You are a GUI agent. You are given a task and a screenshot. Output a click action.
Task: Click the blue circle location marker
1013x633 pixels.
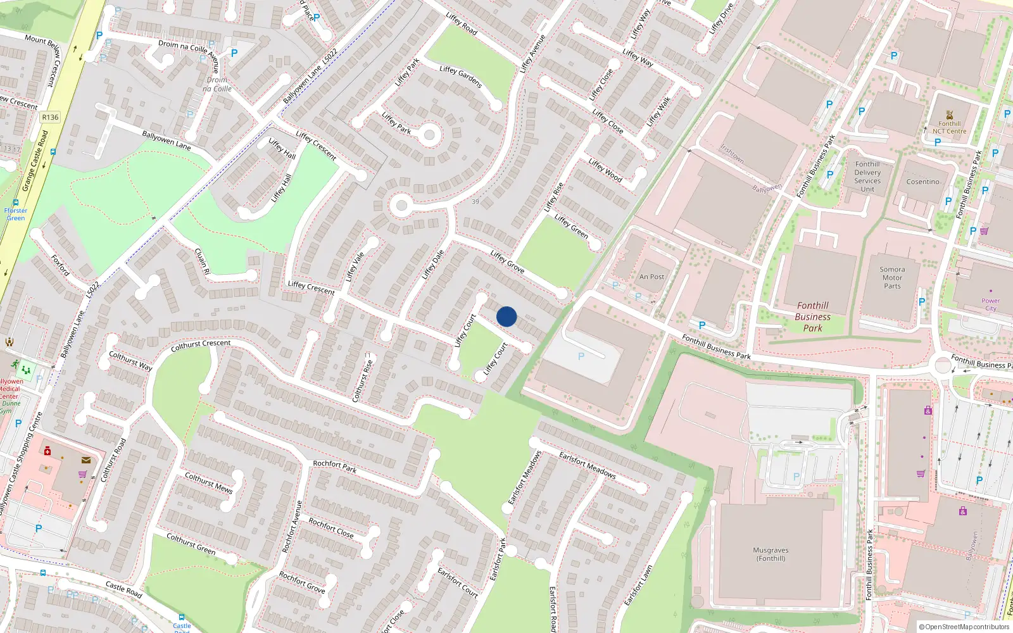point(507,316)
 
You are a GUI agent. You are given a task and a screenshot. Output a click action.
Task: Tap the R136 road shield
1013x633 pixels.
point(50,117)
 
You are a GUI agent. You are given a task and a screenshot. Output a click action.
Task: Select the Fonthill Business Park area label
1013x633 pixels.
point(812,316)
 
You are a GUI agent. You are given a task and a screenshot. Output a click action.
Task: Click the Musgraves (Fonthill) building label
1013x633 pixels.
point(771,554)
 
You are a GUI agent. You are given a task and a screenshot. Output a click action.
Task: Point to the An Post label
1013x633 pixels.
point(651,277)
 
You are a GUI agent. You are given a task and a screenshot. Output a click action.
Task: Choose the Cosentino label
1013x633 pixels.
point(922,182)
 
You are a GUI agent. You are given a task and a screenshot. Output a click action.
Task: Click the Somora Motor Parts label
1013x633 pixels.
point(892,277)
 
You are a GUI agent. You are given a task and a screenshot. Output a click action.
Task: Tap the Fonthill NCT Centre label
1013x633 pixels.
point(949,127)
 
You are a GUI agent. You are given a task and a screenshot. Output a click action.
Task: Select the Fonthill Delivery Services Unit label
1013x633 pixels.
point(867,177)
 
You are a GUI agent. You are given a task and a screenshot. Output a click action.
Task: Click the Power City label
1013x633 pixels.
point(990,304)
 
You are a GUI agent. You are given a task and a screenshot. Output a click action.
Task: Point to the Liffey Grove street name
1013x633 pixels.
point(507,261)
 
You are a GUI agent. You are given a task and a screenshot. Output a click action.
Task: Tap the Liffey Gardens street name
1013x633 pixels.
point(460,77)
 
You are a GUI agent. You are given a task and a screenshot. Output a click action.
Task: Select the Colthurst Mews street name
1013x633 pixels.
point(209,482)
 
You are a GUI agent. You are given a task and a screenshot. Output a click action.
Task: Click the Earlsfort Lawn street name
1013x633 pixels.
point(638,586)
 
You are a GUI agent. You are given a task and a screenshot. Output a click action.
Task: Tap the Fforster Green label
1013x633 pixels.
point(15,214)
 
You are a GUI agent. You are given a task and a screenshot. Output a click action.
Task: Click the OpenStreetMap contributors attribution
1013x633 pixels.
point(964,627)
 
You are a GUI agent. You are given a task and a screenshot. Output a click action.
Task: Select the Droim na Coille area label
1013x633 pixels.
point(217,84)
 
